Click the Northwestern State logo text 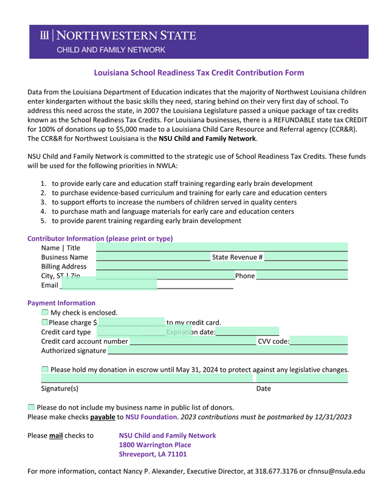126,35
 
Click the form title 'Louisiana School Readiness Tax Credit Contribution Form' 199,73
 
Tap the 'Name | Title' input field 221,247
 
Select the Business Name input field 153,257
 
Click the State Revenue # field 306,257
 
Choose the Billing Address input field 221,266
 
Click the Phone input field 301,276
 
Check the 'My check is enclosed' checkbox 45,312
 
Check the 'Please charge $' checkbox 45,322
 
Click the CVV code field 318,341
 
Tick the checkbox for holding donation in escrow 45,369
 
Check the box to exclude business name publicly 32,407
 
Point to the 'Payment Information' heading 61,303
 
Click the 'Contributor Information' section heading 100,238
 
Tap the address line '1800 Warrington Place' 154,445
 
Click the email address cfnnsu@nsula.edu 336,471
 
